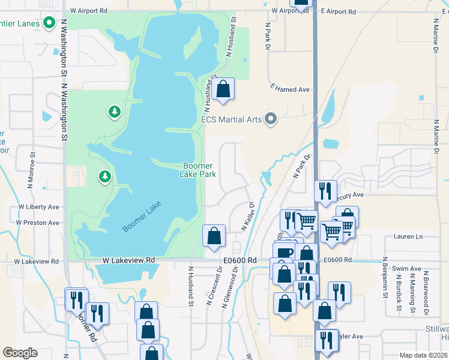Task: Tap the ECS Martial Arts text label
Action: click(x=232, y=119)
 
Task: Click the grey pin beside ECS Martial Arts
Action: click(x=271, y=119)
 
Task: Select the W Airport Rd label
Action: click(x=88, y=11)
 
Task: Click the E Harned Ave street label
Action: click(x=290, y=89)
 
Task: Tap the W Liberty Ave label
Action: click(x=38, y=207)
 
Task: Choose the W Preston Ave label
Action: click(x=37, y=223)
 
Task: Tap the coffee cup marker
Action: click(x=284, y=253)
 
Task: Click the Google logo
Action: click(x=20, y=352)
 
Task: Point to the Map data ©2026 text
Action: click(x=424, y=355)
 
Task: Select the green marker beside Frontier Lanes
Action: click(x=50, y=25)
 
